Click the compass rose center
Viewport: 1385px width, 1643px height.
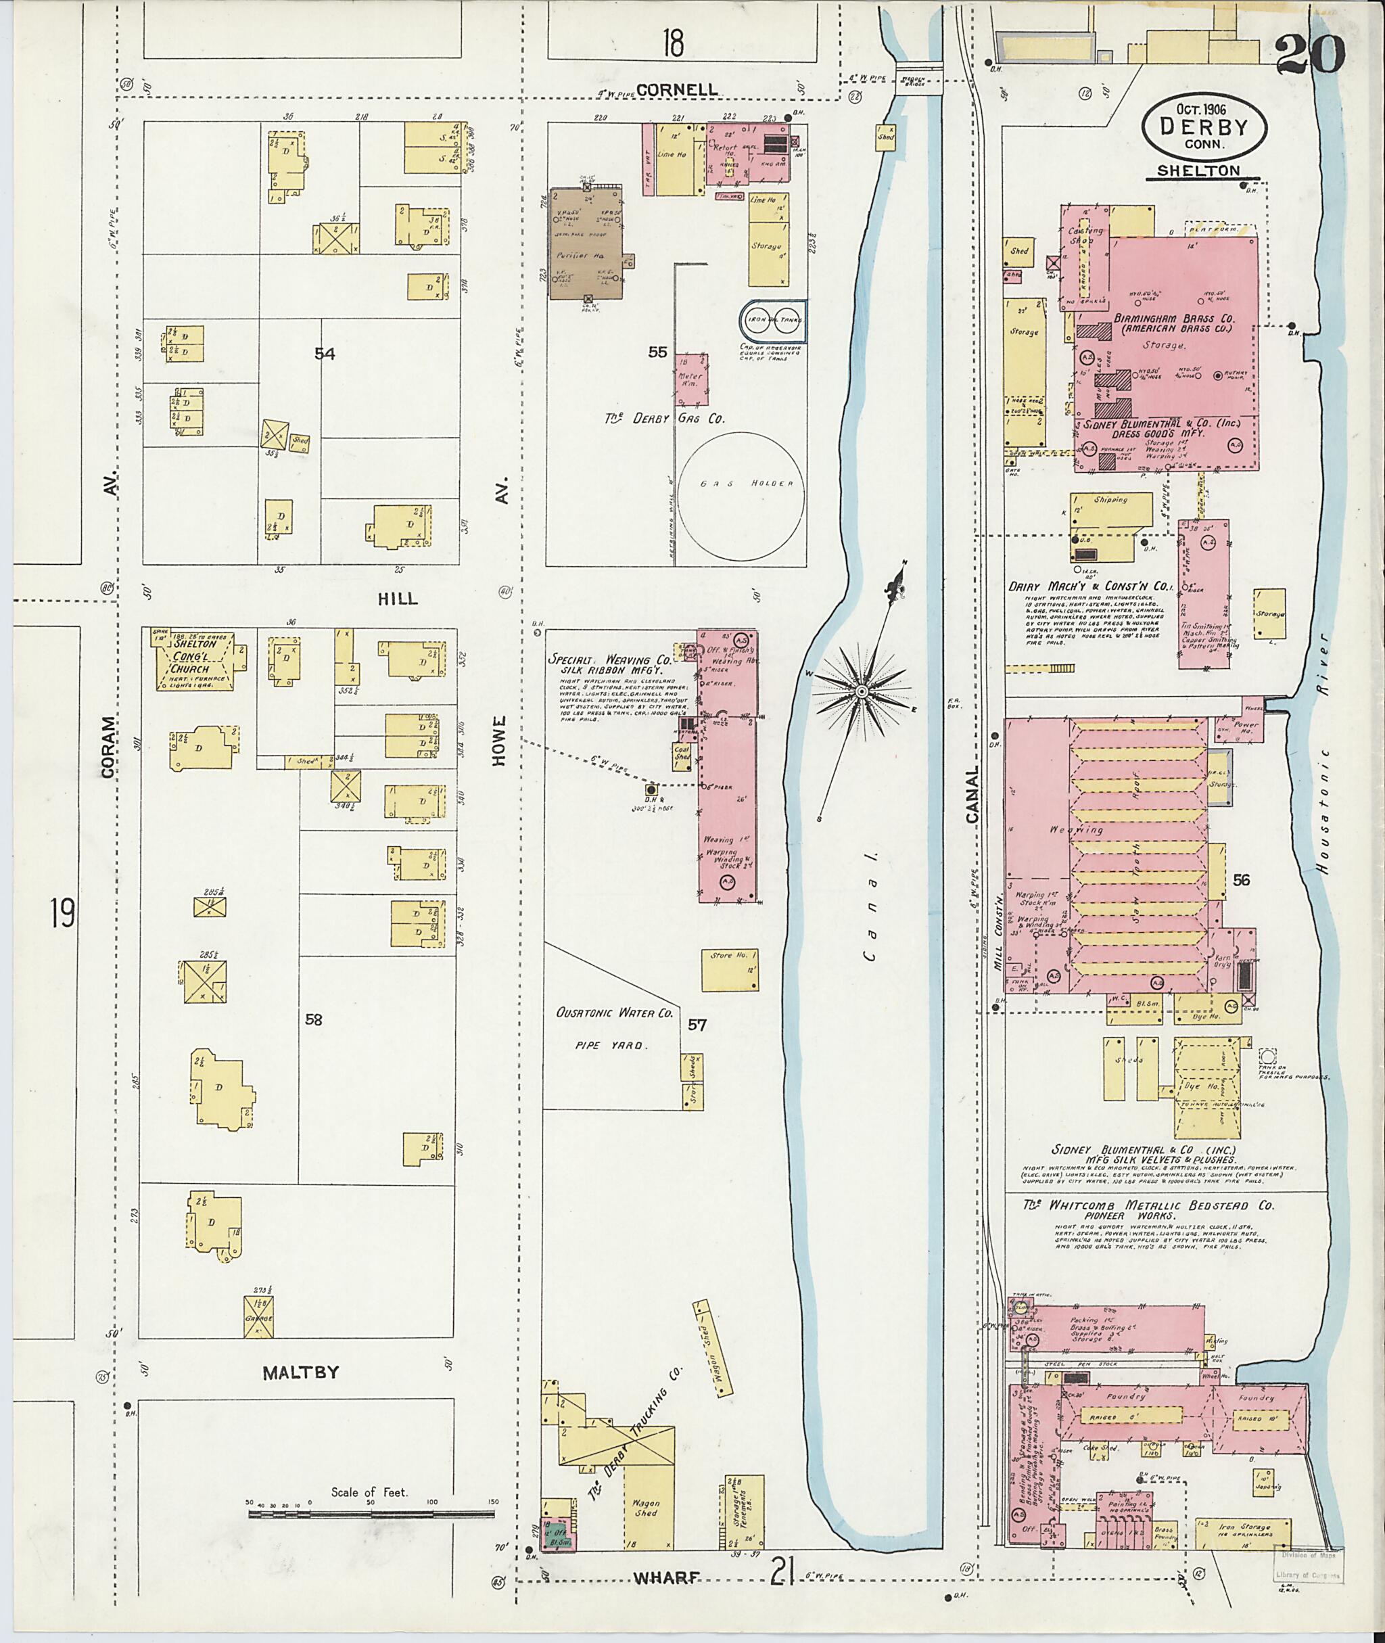click(862, 691)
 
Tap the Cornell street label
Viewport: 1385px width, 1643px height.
click(677, 89)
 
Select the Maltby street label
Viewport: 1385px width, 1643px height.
click(301, 1372)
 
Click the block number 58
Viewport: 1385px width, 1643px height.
click(313, 1019)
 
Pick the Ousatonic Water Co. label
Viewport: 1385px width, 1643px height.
click(615, 1013)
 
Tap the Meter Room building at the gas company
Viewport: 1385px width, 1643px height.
click(691, 379)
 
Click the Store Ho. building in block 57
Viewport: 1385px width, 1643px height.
click(730, 970)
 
